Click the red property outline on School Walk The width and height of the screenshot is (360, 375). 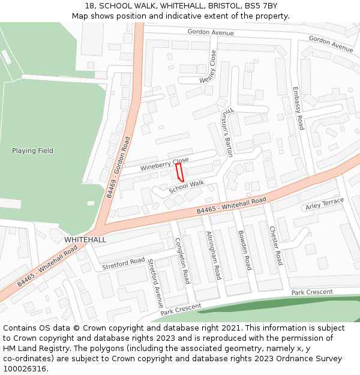[179, 172]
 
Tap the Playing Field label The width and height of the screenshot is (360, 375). [32, 151]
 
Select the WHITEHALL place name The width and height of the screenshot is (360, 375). [85, 239]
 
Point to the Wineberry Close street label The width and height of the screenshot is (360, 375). [164, 164]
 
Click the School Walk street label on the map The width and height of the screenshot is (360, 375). [186, 187]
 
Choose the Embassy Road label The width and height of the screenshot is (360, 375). [298, 109]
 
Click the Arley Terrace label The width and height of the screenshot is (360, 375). [325, 204]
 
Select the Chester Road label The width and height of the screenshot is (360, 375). [275, 245]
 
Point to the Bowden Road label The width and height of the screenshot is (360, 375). [244, 250]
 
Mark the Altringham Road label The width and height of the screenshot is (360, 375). [214, 255]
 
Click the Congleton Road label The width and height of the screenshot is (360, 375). [182, 260]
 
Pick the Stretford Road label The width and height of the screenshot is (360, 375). [124, 263]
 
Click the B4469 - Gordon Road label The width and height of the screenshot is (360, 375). [118, 167]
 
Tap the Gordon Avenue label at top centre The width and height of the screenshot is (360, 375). [210, 32]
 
